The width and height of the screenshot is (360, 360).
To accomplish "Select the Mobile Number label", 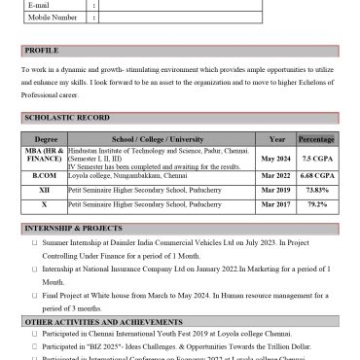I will pyautogui.click(x=53, y=17).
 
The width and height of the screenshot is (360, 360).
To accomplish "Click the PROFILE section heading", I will pyautogui.click(x=42, y=50).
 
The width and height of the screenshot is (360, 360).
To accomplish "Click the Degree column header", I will pyautogui.click(x=46, y=139).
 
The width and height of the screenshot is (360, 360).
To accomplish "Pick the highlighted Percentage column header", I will pyautogui.click(x=316, y=139).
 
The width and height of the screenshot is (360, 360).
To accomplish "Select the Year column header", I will pyautogui.click(x=276, y=139).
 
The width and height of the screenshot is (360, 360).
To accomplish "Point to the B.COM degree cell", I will pyautogui.click(x=46, y=176).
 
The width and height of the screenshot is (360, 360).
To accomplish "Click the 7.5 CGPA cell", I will pyautogui.click(x=317, y=159).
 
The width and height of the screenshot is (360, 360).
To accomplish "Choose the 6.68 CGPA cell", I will pyautogui.click(x=317, y=176).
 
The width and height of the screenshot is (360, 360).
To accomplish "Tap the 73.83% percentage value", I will pyautogui.click(x=317, y=191).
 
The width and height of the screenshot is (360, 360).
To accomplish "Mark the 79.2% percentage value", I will pyautogui.click(x=317, y=205).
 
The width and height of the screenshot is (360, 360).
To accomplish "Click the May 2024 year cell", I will pyautogui.click(x=276, y=159).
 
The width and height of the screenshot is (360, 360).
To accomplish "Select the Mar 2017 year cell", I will pyautogui.click(x=276, y=205).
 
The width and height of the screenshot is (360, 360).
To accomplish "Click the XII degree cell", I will pyautogui.click(x=46, y=191).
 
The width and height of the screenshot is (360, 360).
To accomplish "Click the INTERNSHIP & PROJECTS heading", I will pyautogui.click(x=72, y=227).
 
